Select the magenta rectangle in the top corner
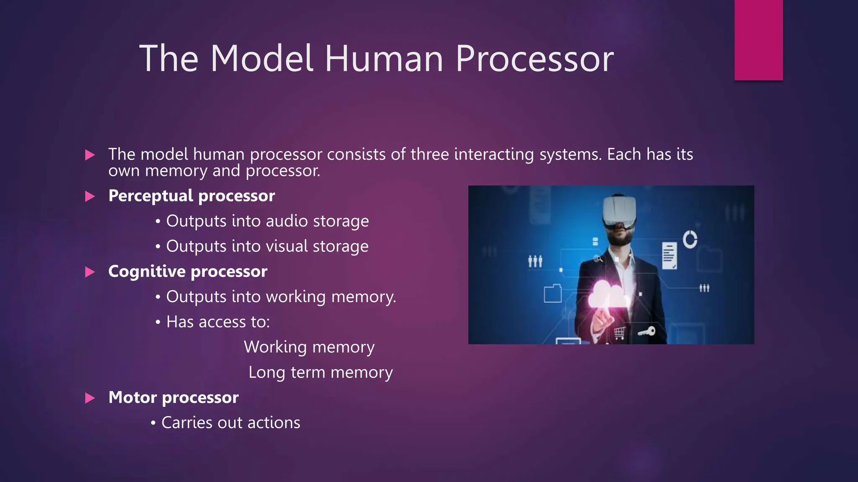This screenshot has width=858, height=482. click(x=758, y=40)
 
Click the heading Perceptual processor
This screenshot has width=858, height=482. click(x=191, y=196)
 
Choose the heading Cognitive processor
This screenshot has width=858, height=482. click(x=188, y=272)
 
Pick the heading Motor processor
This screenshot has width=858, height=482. click(x=173, y=397)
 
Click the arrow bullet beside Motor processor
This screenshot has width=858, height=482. click(x=90, y=398)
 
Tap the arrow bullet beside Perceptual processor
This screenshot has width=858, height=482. click(x=90, y=196)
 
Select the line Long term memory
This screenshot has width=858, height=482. click(x=320, y=372)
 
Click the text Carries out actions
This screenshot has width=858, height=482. click(x=231, y=423)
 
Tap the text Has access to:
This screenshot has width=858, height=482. click(x=218, y=322)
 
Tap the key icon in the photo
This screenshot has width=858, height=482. click(x=646, y=332)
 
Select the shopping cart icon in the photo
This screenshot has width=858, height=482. click(x=620, y=333)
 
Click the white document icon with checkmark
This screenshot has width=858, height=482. click(x=669, y=256)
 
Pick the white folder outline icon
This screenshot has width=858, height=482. click(x=553, y=293)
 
